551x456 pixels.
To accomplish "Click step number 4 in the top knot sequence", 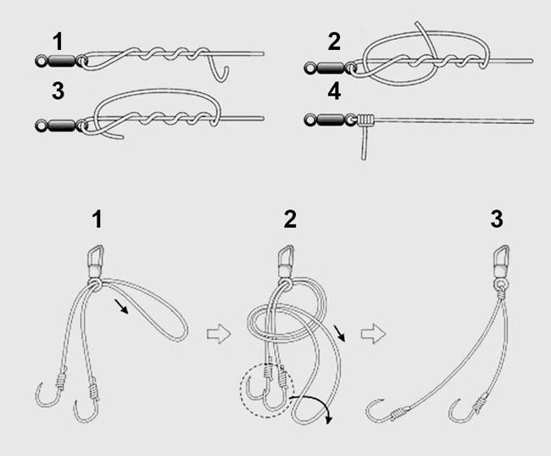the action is (334, 92).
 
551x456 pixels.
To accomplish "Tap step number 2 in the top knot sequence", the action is (334, 42).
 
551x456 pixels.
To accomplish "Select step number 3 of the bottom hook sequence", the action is (497, 219).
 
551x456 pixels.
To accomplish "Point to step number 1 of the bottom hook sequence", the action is (97, 220).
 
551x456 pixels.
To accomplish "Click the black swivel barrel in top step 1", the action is (62, 61).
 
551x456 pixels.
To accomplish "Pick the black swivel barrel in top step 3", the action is (62, 125).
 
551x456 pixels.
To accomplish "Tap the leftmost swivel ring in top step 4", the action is (310, 120).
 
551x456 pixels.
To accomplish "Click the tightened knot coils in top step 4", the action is (366, 120).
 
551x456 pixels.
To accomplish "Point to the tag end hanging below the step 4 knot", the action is (364, 143).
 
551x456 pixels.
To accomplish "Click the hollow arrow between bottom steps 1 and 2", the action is (219, 334).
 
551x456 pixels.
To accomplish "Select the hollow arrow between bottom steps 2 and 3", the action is (373, 334).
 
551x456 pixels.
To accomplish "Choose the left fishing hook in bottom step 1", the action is (51, 392).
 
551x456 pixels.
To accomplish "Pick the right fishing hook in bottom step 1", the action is (86, 401).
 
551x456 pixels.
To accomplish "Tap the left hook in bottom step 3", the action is (387, 411).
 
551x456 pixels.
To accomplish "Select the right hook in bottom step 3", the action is (467, 408).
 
